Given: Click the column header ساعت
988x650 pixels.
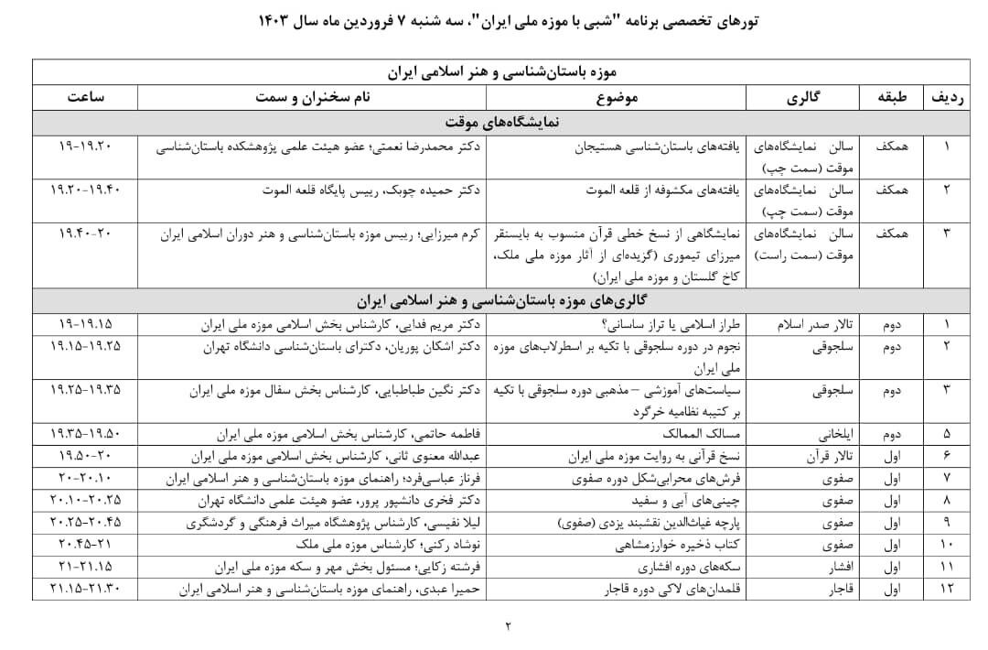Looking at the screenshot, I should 84,96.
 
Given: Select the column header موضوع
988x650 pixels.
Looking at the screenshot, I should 617,96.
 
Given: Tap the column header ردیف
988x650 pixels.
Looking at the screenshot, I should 948,96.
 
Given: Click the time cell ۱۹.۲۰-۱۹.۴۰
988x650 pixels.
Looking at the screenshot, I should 84,190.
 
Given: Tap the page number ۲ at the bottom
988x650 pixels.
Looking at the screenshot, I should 509,626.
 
